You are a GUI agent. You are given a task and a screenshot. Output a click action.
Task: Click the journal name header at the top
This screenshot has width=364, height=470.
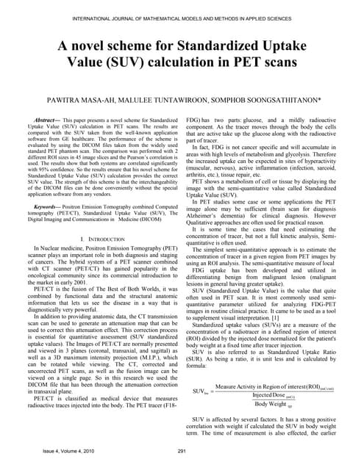182,10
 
